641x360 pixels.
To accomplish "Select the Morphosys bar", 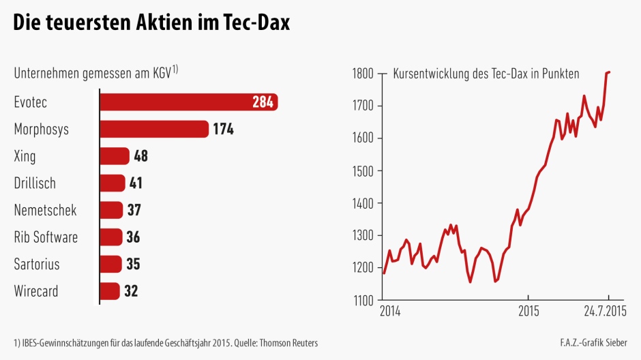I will point(153,129).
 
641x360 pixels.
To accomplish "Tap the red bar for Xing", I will point(115,156).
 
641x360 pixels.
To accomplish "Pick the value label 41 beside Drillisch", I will point(136,183).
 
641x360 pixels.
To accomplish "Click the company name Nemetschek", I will point(45,210).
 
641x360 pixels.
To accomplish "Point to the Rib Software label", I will point(46,237).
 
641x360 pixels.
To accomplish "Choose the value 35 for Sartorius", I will point(133,264).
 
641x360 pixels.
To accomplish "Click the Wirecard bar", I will point(110,291).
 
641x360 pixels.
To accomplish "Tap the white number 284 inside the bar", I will point(262,102).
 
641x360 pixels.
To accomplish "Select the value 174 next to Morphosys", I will point(223,129).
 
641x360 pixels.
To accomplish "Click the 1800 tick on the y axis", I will point(362,74).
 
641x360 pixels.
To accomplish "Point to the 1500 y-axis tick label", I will point(362,170).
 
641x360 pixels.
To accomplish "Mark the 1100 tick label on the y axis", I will point(362,300).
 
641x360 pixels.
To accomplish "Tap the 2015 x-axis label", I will point(528,312).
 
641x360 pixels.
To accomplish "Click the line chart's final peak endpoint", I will point(609,72).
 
